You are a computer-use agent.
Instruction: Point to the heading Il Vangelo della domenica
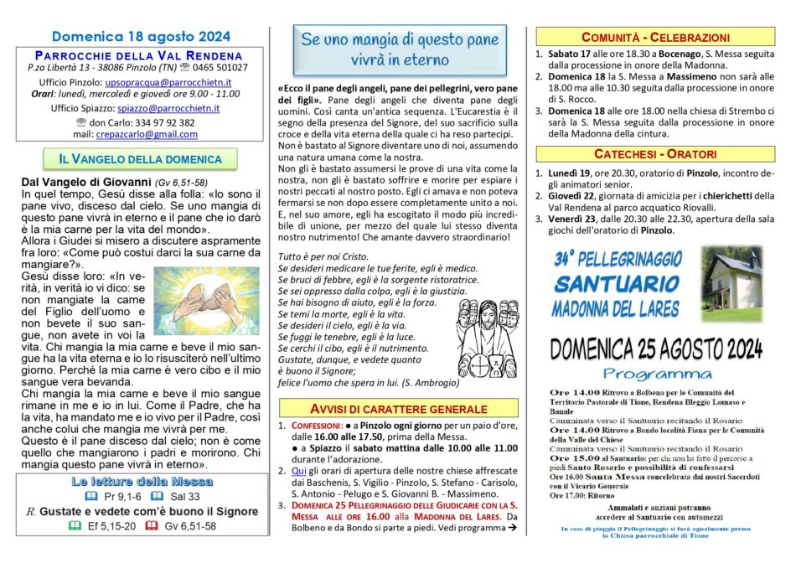[x=140, y=159]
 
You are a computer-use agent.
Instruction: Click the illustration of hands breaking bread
[x=207, y=300]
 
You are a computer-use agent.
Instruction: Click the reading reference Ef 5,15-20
[x=109, y=526]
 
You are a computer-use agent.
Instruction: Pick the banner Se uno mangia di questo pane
[x=399, y=49]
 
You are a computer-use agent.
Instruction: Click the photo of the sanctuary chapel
[x=734, y=284]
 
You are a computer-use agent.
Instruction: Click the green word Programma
[x=658, y=373]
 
